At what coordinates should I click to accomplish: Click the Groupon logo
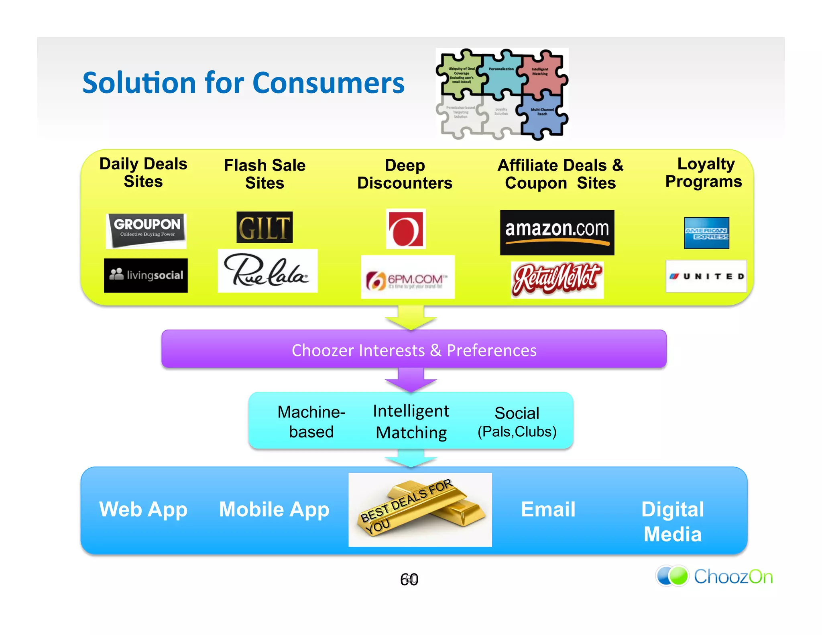point(146,230)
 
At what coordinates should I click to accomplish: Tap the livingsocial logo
point(146,275)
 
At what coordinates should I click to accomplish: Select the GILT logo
point(265,227)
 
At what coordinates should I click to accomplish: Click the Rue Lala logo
point(267,271)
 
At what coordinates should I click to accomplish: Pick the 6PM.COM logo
point(407,277)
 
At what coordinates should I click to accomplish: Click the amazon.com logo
point(557,232)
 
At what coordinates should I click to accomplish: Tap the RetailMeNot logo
point(557,280)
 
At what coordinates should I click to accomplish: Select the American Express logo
point(706,233)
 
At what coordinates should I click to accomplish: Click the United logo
point(706,276)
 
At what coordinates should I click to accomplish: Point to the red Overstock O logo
point(405,229)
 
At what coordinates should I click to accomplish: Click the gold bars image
point(420,510)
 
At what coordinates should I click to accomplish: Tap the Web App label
point(143,510)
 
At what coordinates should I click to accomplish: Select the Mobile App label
point(274,510)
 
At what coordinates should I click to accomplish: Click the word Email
point(548,510)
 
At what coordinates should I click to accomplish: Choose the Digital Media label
point(673,522)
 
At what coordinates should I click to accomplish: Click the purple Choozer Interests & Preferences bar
point(414,350)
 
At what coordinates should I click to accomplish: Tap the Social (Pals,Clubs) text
point(517,422)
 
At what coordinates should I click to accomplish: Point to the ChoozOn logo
point(714,576)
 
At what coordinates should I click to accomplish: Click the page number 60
point(409,580)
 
